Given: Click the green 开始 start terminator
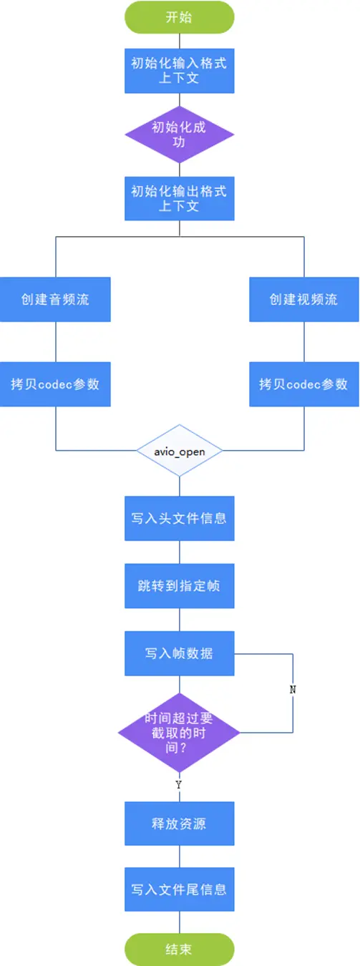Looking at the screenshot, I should [x=179, y=17].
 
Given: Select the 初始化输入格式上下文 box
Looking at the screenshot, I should [x=179, y=69].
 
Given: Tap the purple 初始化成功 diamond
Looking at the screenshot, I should [x=179, y=135].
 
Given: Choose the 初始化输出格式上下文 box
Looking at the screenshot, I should [x=179, y=198].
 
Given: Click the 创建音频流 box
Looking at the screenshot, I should [x=55, y=300].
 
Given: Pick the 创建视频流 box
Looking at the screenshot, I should [x=303, y=300].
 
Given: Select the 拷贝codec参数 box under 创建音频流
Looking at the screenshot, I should [x=55, y=384].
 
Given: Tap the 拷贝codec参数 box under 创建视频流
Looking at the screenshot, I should [x=303, y=384].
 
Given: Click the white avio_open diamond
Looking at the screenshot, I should [x=179, y=452].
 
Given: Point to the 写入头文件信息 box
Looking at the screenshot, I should [x=179, y=517].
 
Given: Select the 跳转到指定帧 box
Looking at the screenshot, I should [x=179, y=586].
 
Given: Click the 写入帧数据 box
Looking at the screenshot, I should [x=179, y=653].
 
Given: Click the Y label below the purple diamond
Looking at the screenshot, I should [x=179, y=785].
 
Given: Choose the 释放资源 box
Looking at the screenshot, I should [x=179, y=824].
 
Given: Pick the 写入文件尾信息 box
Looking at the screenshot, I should [x=179, y=889].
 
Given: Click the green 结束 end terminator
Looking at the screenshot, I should [x=179, y=950].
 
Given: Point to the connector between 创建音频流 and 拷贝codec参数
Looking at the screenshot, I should [x=55, y=341].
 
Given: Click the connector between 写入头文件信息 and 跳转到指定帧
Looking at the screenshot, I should [x=179, y=552].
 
